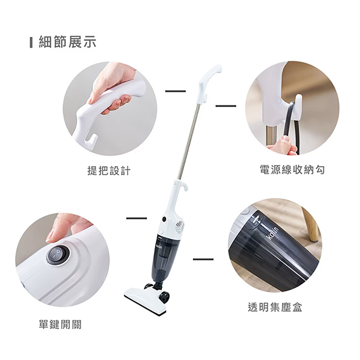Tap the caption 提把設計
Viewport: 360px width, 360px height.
(109, 170)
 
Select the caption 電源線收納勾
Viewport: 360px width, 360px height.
(292, 170)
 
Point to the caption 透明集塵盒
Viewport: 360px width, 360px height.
(275, 307)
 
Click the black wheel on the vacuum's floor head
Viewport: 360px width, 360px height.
(164, 296)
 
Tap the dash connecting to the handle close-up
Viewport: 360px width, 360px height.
(175, 92)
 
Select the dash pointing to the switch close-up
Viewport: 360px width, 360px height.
(136, 219)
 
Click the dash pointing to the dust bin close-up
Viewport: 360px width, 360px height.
(203, 259)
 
